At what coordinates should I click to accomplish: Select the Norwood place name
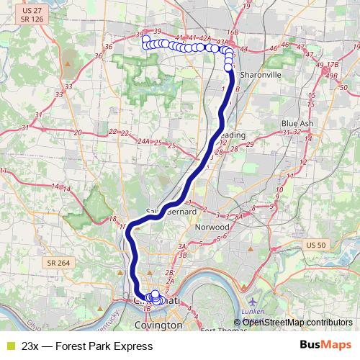[213, 227]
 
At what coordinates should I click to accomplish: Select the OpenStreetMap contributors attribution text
[297, 323]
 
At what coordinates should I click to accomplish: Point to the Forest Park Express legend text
[87, 346]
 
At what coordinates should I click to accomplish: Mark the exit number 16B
[231, 32]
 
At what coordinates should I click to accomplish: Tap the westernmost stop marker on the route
[145, 39]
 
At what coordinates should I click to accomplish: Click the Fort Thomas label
[219, 331]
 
